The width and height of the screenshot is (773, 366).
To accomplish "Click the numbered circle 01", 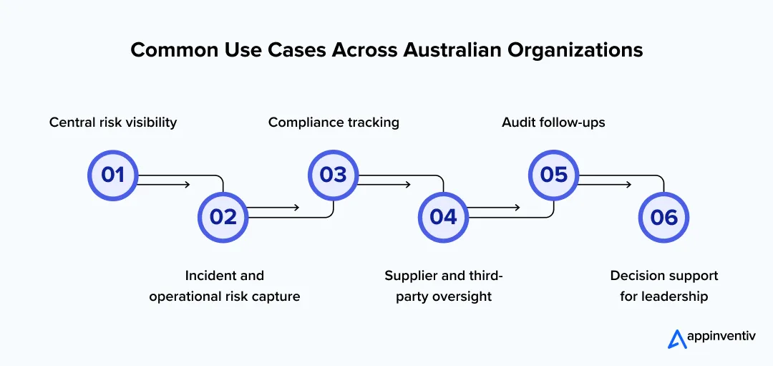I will coord(112,175).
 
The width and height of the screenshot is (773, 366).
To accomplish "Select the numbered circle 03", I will coord(333,175).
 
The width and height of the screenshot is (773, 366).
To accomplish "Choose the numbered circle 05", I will coord(553,175).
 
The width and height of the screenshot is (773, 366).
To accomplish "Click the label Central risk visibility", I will coord(113,122).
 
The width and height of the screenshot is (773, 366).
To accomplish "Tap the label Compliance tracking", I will coord(334,122).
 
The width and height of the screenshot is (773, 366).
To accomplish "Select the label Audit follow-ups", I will coord(553,122).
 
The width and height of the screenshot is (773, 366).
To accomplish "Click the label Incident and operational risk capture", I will coord(224,286).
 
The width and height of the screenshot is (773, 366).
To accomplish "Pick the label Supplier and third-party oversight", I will coord(444,286).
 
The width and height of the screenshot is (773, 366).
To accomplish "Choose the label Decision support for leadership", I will coord(663,286).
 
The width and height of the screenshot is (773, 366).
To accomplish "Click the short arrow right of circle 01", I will coord(164,185).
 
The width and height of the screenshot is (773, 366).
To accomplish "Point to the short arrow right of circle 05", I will coord(605,185).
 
